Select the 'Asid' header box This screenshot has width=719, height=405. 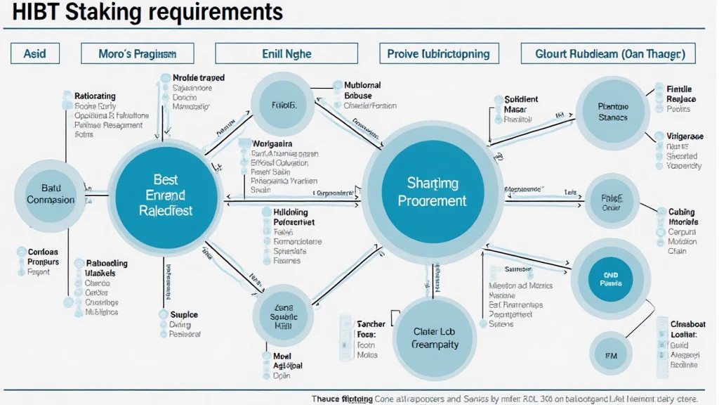tap(34, 53)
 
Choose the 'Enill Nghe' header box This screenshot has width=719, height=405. tap(286, 53)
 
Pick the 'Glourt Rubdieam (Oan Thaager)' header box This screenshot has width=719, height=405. tap(605, 53)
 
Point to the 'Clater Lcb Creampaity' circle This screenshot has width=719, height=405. tap(435, 337)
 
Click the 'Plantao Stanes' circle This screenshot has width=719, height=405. tap(613, 112)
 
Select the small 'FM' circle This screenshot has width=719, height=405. tap(610, 354)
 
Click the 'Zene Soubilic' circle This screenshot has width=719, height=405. tap(283, 316)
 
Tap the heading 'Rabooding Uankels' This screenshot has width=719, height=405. tap(105, 267)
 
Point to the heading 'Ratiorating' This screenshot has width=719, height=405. tap(95, 96)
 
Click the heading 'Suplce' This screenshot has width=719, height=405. tap(184, 314)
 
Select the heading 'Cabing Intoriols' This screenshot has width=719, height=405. tap(682, 217)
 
